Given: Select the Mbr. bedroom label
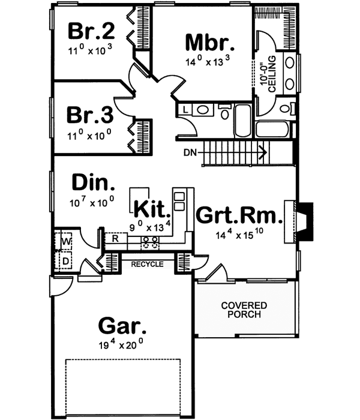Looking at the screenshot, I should (x=209, y=43).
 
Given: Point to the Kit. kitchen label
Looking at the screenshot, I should (x=152, y=209).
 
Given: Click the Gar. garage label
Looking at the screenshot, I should (x=122, y=328).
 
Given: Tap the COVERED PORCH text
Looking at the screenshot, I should (x=244, y=310).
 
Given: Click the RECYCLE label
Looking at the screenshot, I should (x=147, y=264).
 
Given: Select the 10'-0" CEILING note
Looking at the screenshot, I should (x=268, y=74).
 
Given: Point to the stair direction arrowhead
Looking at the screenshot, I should (x=262, y=153).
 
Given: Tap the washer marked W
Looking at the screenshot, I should (x=65, y=241).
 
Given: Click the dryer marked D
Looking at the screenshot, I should (x=65, y=261).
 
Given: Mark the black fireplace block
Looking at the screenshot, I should (x=307, y=222).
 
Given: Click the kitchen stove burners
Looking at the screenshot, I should (x=151, y=242).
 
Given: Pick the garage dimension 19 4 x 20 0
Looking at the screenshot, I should (x=122, y=345).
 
